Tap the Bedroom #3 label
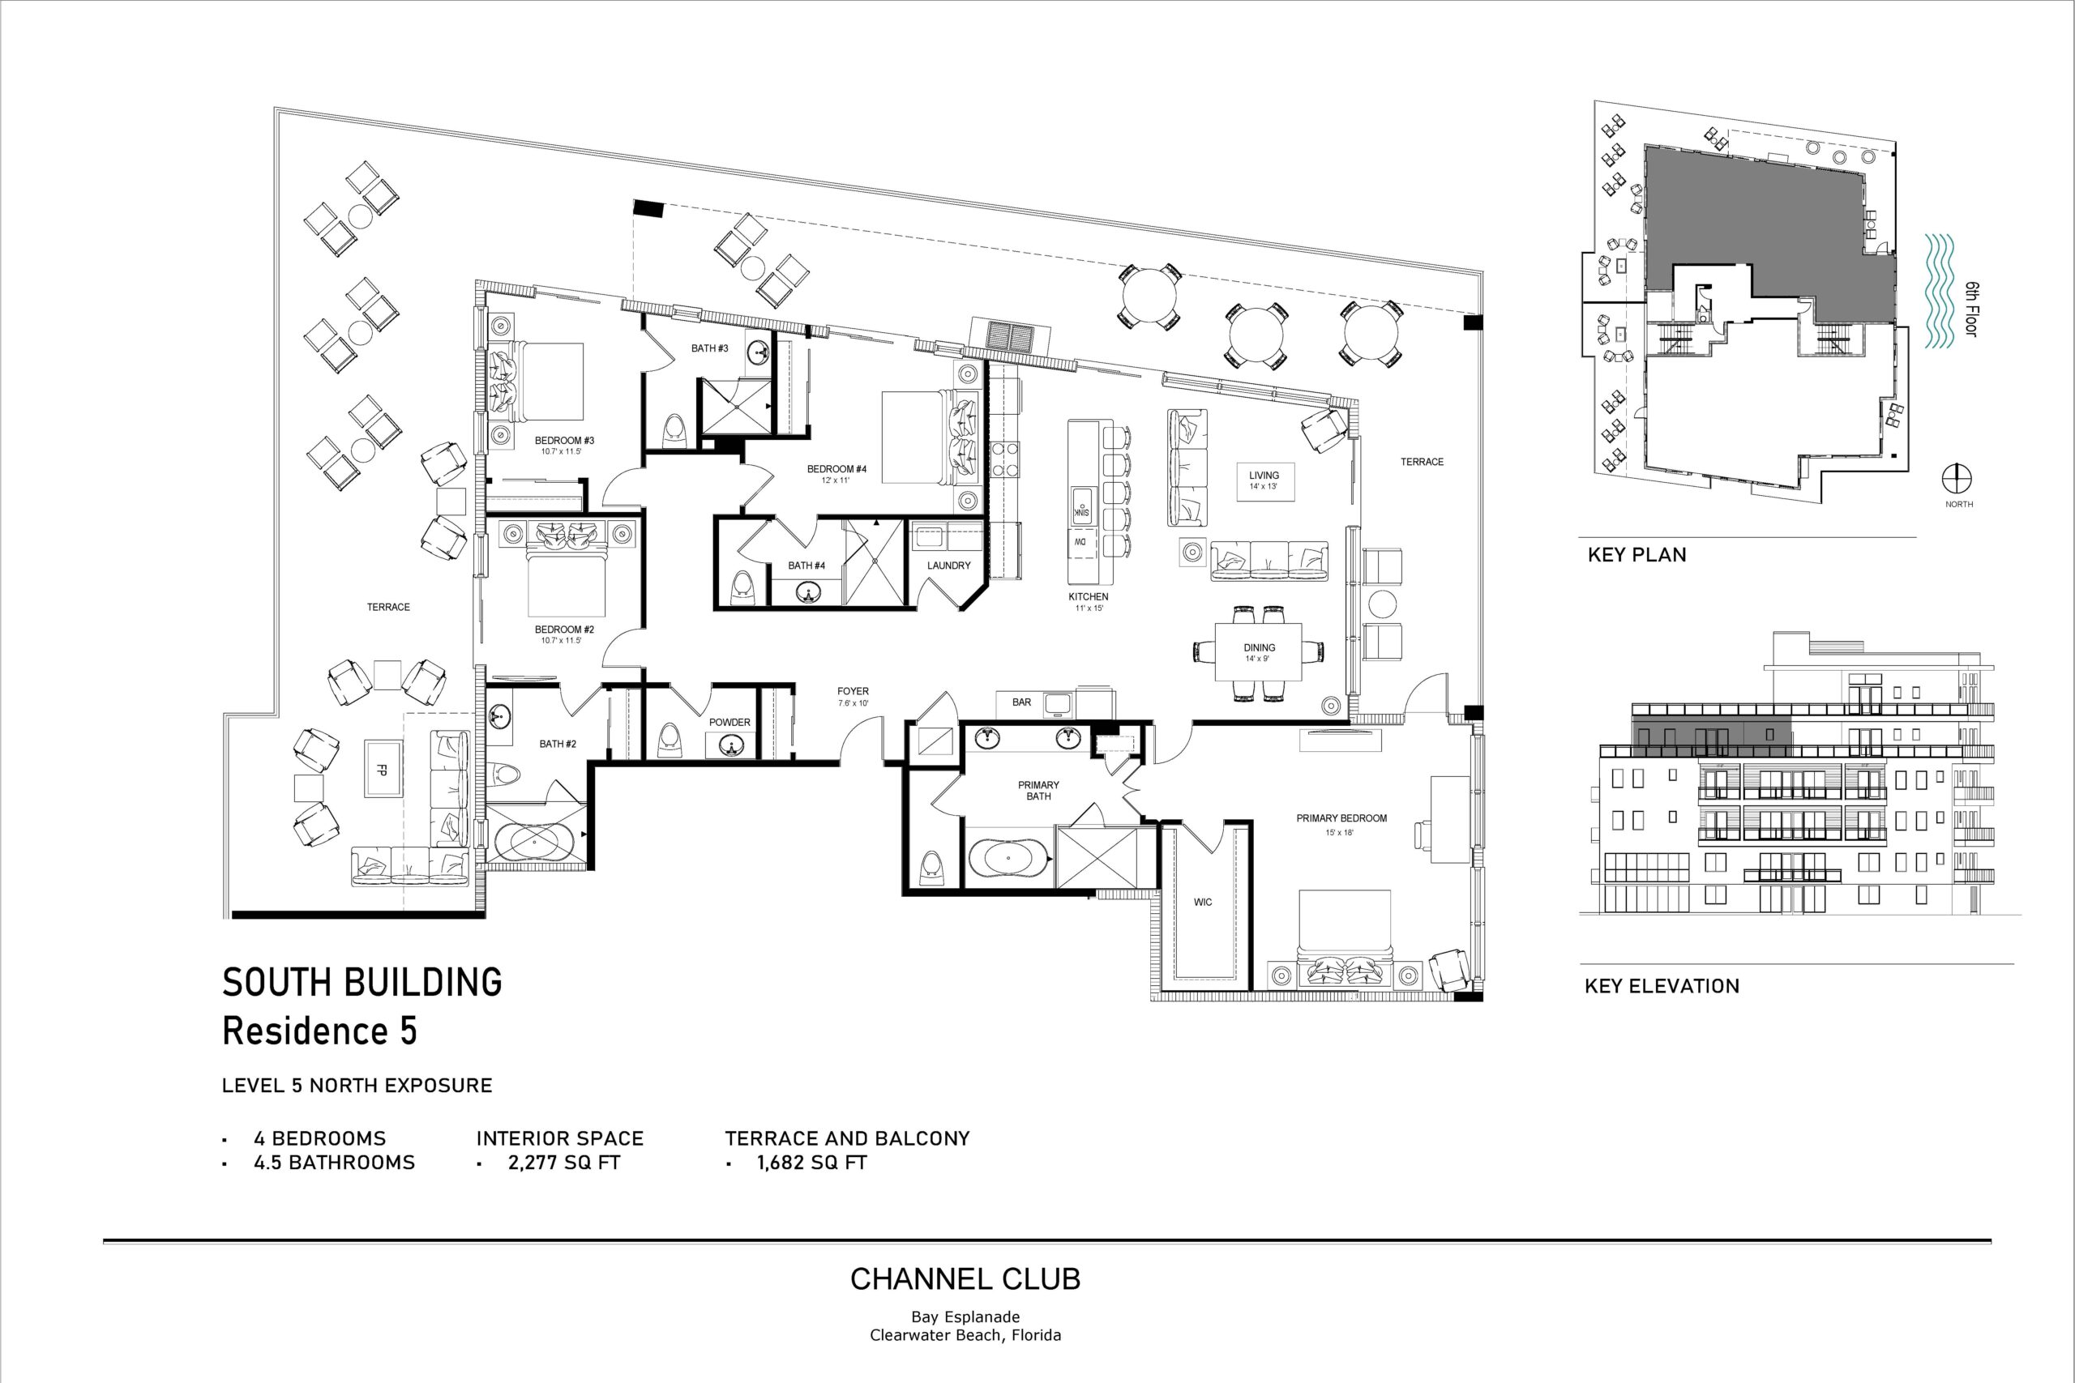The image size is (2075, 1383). pos(565,440)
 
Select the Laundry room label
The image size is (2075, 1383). pos(948,566)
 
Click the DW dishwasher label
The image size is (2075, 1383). pos(1080,543)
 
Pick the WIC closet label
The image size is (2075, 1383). pos(1203,902)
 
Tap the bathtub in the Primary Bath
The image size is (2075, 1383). pos(1009,857)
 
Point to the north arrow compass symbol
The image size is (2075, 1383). pos(1957,479)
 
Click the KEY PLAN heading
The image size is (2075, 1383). pos(1636,555)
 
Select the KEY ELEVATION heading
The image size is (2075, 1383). pos(1662,986)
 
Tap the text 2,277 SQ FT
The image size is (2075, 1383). pos(564,1163)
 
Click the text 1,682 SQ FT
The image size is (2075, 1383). pos(811,1163)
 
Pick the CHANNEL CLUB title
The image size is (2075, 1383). pos(965,1279)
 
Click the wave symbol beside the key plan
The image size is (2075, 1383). pos(1940,291)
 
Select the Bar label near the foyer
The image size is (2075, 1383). pos(1021,702)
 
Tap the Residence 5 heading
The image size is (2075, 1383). pos(319,1031)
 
